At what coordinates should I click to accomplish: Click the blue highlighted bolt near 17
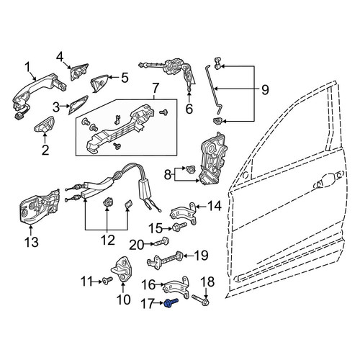coord(171,302)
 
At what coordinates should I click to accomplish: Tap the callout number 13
coord(32,242)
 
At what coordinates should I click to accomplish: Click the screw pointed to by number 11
coord(107,280)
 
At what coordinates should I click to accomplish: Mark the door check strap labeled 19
coord(166,260)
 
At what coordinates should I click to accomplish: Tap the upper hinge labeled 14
coord(184,213)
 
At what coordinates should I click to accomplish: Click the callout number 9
coord(265,90)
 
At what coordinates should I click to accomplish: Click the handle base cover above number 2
coord(45,125)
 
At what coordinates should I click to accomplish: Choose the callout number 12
coord(108,240)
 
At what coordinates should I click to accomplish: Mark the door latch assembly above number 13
coord(39,207)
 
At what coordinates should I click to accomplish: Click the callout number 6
coord(189,109)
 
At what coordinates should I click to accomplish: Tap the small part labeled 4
coord(78,72)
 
